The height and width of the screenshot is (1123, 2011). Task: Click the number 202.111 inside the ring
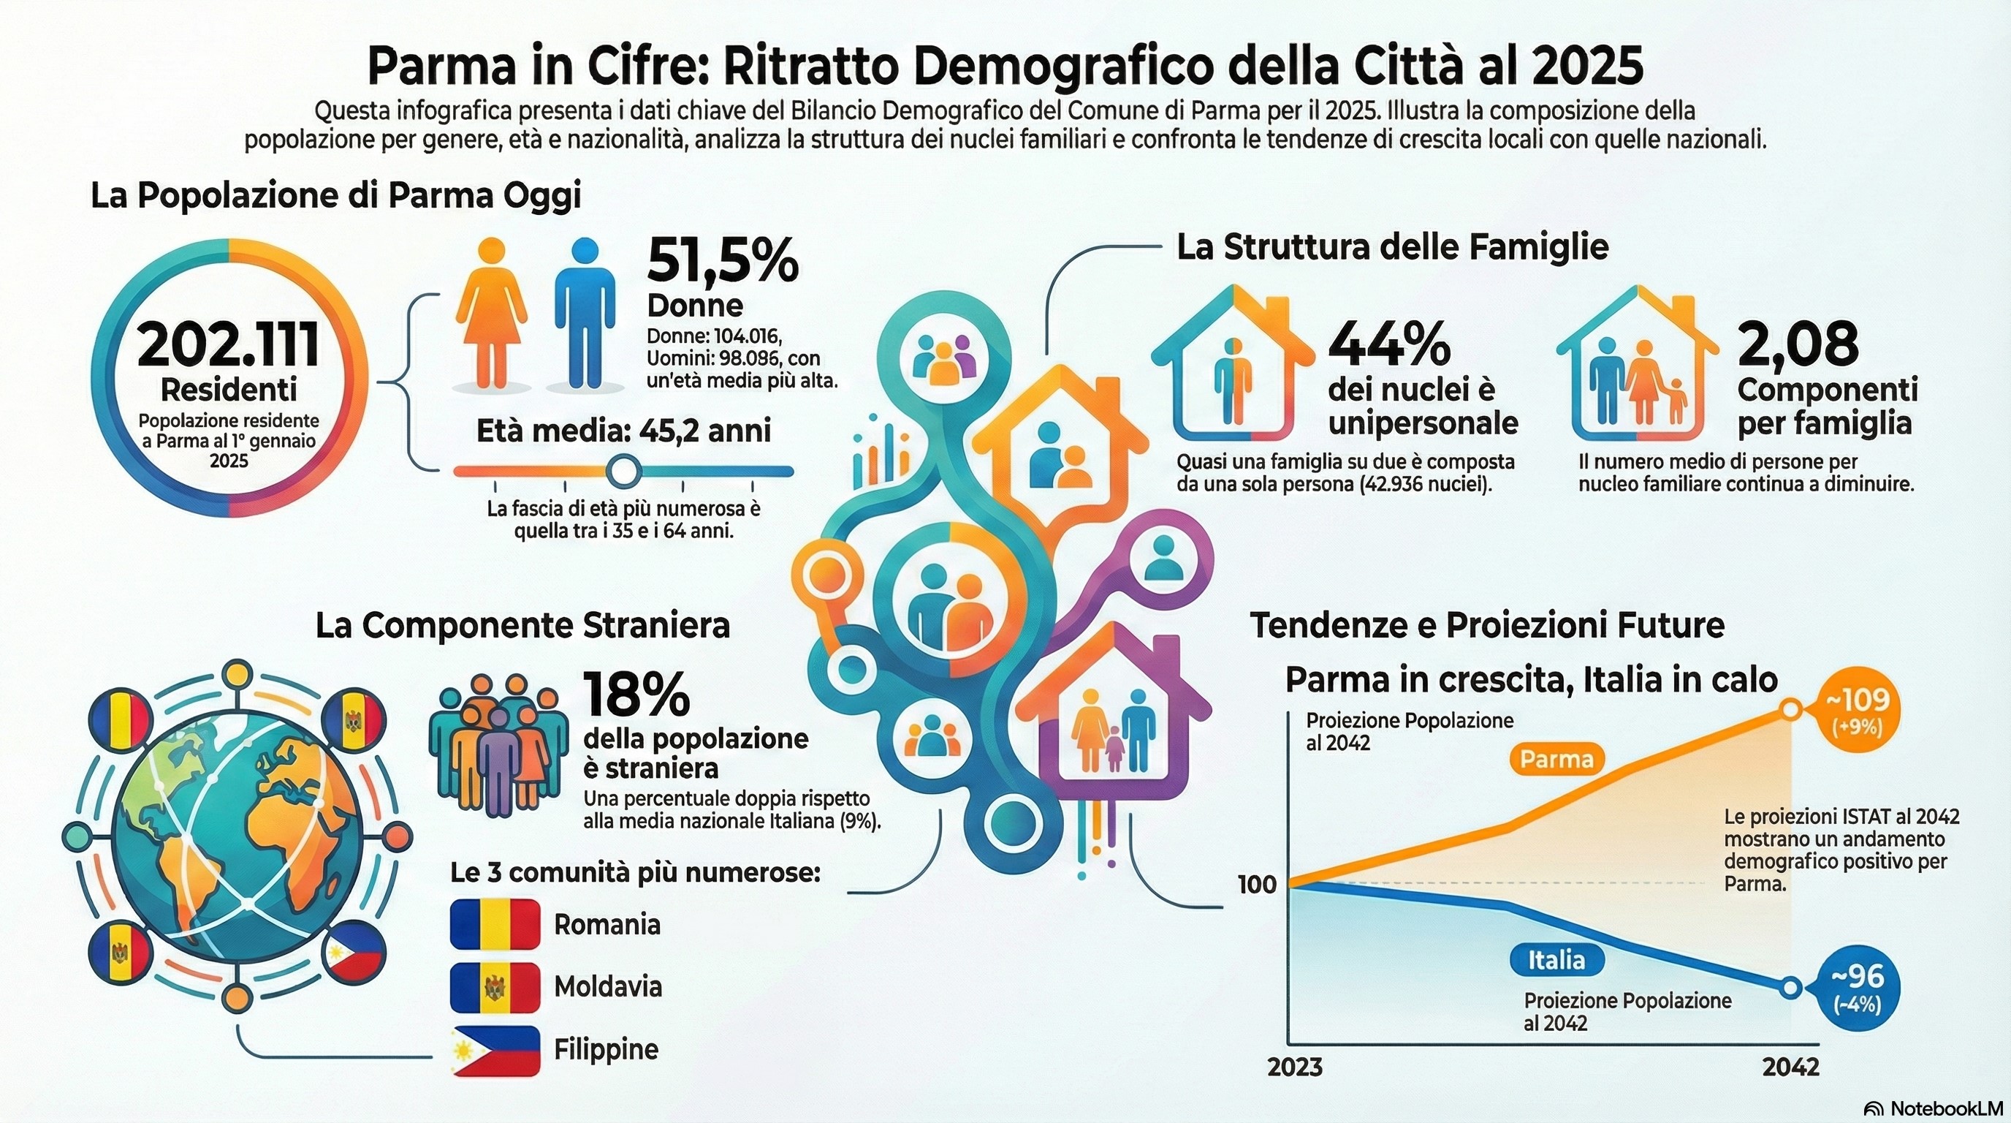(x=229, y=345)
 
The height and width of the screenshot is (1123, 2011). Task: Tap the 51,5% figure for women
(x=722, y=261)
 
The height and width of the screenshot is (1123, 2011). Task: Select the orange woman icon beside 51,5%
(x=490, y=312)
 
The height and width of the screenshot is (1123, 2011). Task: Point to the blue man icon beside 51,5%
(x=585, y=312)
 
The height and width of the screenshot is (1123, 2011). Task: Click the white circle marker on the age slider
(x=623, y=471)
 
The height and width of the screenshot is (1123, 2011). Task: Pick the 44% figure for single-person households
(x=1389, y=344)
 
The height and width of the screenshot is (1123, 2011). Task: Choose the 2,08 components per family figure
(x=1797, y=344)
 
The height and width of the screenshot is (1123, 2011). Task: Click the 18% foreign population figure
(x=636, y=695)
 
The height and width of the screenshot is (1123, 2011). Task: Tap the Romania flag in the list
(x=495, y=924)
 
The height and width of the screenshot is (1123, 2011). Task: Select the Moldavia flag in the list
(x=495, y=987)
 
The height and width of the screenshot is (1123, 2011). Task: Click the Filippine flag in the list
(x=495, y=1051)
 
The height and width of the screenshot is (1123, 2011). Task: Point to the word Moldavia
(x=607, y=987)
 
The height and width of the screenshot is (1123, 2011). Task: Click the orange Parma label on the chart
(x=1556, y=759)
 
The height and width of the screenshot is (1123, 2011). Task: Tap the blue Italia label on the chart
(x=1556, y=960)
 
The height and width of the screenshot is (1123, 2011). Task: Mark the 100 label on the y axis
(x=1257, y=885)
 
